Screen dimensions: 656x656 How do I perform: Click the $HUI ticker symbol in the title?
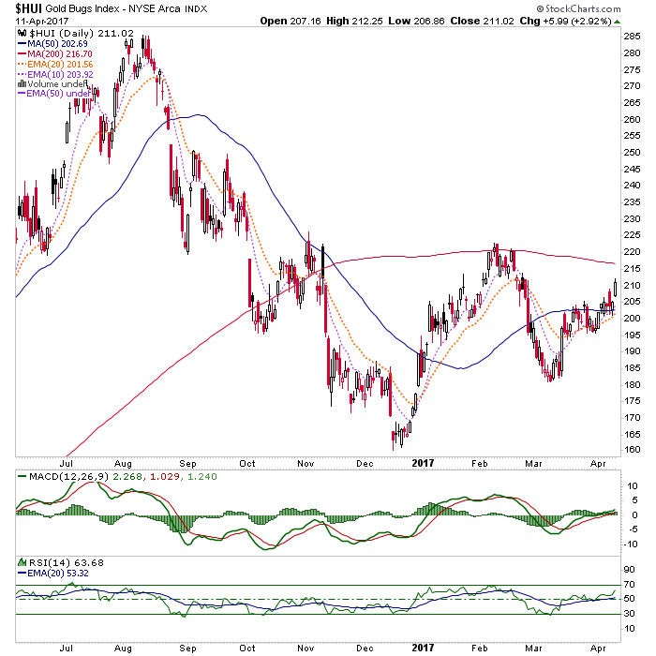pyautogui.click(x=29, y=8)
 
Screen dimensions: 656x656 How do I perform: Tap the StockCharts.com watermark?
pyautogui.click(x=578, y=8)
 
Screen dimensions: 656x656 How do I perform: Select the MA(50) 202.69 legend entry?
pyautogui.click(x=52, y=43)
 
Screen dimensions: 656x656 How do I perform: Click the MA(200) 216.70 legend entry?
pyautogui.click(x=54, y=54)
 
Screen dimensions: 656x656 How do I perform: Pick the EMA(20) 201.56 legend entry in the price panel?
pyautogui.click(x=55, y=64)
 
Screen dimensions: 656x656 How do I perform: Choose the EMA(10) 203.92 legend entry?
pyautogui.click(x=55, y=74)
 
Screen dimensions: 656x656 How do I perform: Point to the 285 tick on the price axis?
pyautogui.click(x=632, y=37)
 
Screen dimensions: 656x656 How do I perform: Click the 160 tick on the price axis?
pyautogui.click(x=632, y=450)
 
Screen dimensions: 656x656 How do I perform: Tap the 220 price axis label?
pyautogui.click(x=632, y=252)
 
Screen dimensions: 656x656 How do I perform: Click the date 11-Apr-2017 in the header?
pyautogui.click(x=42, y=21)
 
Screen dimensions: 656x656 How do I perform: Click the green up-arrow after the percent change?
pyautogui.click(x=617, y=22)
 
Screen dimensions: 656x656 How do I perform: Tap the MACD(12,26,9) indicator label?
pyautogui.click(x=69, y=476)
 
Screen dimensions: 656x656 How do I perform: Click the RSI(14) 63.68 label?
pyautogui.click(x=67, y=562)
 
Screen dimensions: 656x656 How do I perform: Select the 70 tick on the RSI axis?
pyautogui.click(x=629, y=585)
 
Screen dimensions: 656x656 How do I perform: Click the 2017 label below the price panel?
pyautogui.click(x=423, y=463)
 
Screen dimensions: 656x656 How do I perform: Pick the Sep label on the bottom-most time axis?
pyautogui.click(x=187, y=649)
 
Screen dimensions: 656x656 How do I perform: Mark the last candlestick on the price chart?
pyautogui.click(x=615, y=290)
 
